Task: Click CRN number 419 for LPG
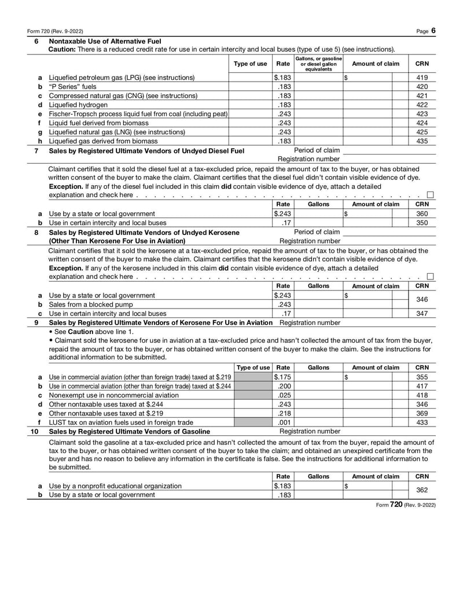(421, 77)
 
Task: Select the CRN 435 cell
(421, 141)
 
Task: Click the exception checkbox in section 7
(430, 195)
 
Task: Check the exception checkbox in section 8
(430, 276)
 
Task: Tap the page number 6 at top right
(433, 30)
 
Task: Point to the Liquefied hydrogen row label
(78, 105)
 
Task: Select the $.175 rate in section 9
(282, 377)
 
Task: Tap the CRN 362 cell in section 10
(421, 490)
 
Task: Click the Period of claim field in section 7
(389, 150)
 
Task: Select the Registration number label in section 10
(310, 431)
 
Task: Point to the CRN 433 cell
(421, 422)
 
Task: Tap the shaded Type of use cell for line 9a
(252, 377)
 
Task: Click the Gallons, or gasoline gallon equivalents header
(318, 64)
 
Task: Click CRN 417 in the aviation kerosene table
(421, 386)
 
